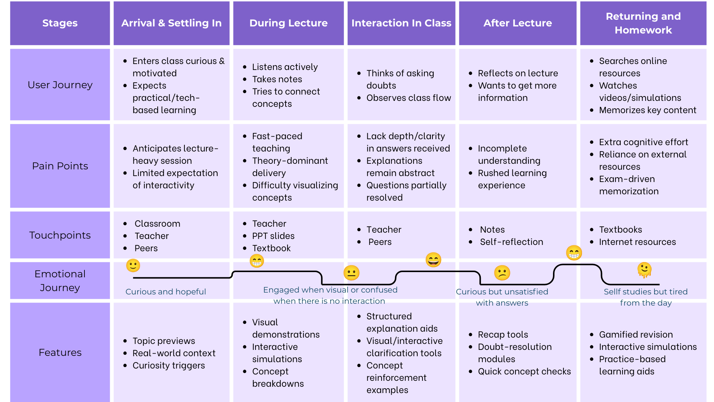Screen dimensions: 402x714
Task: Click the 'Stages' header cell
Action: (x=60, y=23)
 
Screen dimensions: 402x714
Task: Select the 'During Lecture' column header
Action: (x=288, y=23)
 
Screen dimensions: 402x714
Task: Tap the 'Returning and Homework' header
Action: (x=643, y=23)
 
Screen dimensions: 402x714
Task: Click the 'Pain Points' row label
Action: (x=60, y=166)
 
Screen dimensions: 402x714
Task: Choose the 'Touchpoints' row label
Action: (x=60, y=235)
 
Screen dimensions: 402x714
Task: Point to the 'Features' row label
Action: (x=60, y=352)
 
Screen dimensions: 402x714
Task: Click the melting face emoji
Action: (x=644, y=270)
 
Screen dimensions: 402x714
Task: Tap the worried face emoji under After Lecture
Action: (x=502, y=273)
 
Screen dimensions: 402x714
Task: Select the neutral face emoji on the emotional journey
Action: (x=351, y=273)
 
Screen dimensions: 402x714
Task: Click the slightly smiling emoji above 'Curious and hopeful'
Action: (x=133, y=266)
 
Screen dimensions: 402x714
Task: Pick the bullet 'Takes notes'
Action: (x=277, y=79)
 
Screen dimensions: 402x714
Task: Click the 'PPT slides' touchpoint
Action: (x=273, y=236)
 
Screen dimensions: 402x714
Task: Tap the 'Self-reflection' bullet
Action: (x=511, y=242)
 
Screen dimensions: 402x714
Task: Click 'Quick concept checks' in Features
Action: (x=524, y=371)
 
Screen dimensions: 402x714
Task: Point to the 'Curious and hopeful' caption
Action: (x=166, y=292)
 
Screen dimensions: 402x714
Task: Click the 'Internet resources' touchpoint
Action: (x=637, y=242)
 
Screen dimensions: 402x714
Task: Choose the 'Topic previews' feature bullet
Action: (x=164, y=341)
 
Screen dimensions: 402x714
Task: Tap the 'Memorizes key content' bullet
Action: (x=647, y=110)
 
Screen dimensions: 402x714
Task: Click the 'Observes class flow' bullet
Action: (x=409, y=98)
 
